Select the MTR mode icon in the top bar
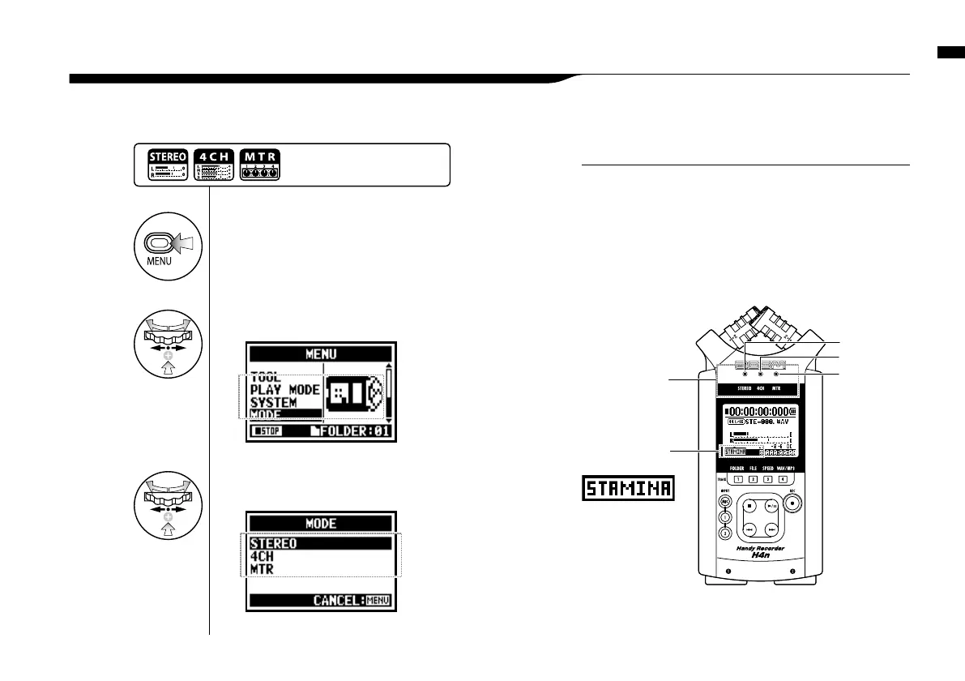tap(259, 165)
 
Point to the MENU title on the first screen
tap(321, 353)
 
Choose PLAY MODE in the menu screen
tap(284, 390)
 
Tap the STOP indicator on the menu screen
tap(266, 431)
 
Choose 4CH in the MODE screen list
tap(262, 557)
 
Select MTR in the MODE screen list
tap(262, 570)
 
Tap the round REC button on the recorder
tap(794, 503)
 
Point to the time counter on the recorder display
tap(759, 411)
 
